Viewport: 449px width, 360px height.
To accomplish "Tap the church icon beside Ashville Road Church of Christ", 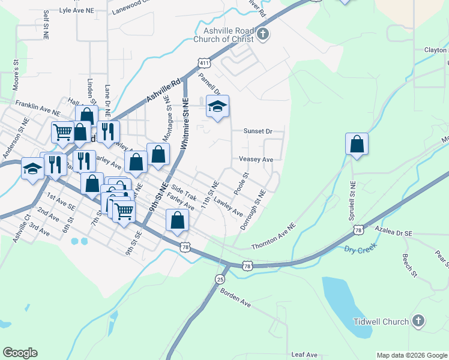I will (264, 34).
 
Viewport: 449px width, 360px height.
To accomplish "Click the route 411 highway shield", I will (205, 63).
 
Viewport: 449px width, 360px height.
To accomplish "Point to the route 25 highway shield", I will (220, 280).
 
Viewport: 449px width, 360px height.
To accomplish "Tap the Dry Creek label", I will (360, 249).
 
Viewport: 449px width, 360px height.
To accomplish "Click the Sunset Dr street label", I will (258, 131).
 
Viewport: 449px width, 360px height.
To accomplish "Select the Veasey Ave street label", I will (256, 160).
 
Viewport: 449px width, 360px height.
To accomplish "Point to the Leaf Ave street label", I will (304, 355).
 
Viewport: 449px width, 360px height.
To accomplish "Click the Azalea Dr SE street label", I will (393, 230).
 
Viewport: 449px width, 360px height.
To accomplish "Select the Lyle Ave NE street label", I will (77, 11).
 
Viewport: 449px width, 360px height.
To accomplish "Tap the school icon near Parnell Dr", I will (217, 107).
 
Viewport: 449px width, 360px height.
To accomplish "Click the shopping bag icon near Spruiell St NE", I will (357, 145).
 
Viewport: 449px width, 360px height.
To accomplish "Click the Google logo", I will (20, 352).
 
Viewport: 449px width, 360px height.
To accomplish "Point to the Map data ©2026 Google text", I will (411, 355).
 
